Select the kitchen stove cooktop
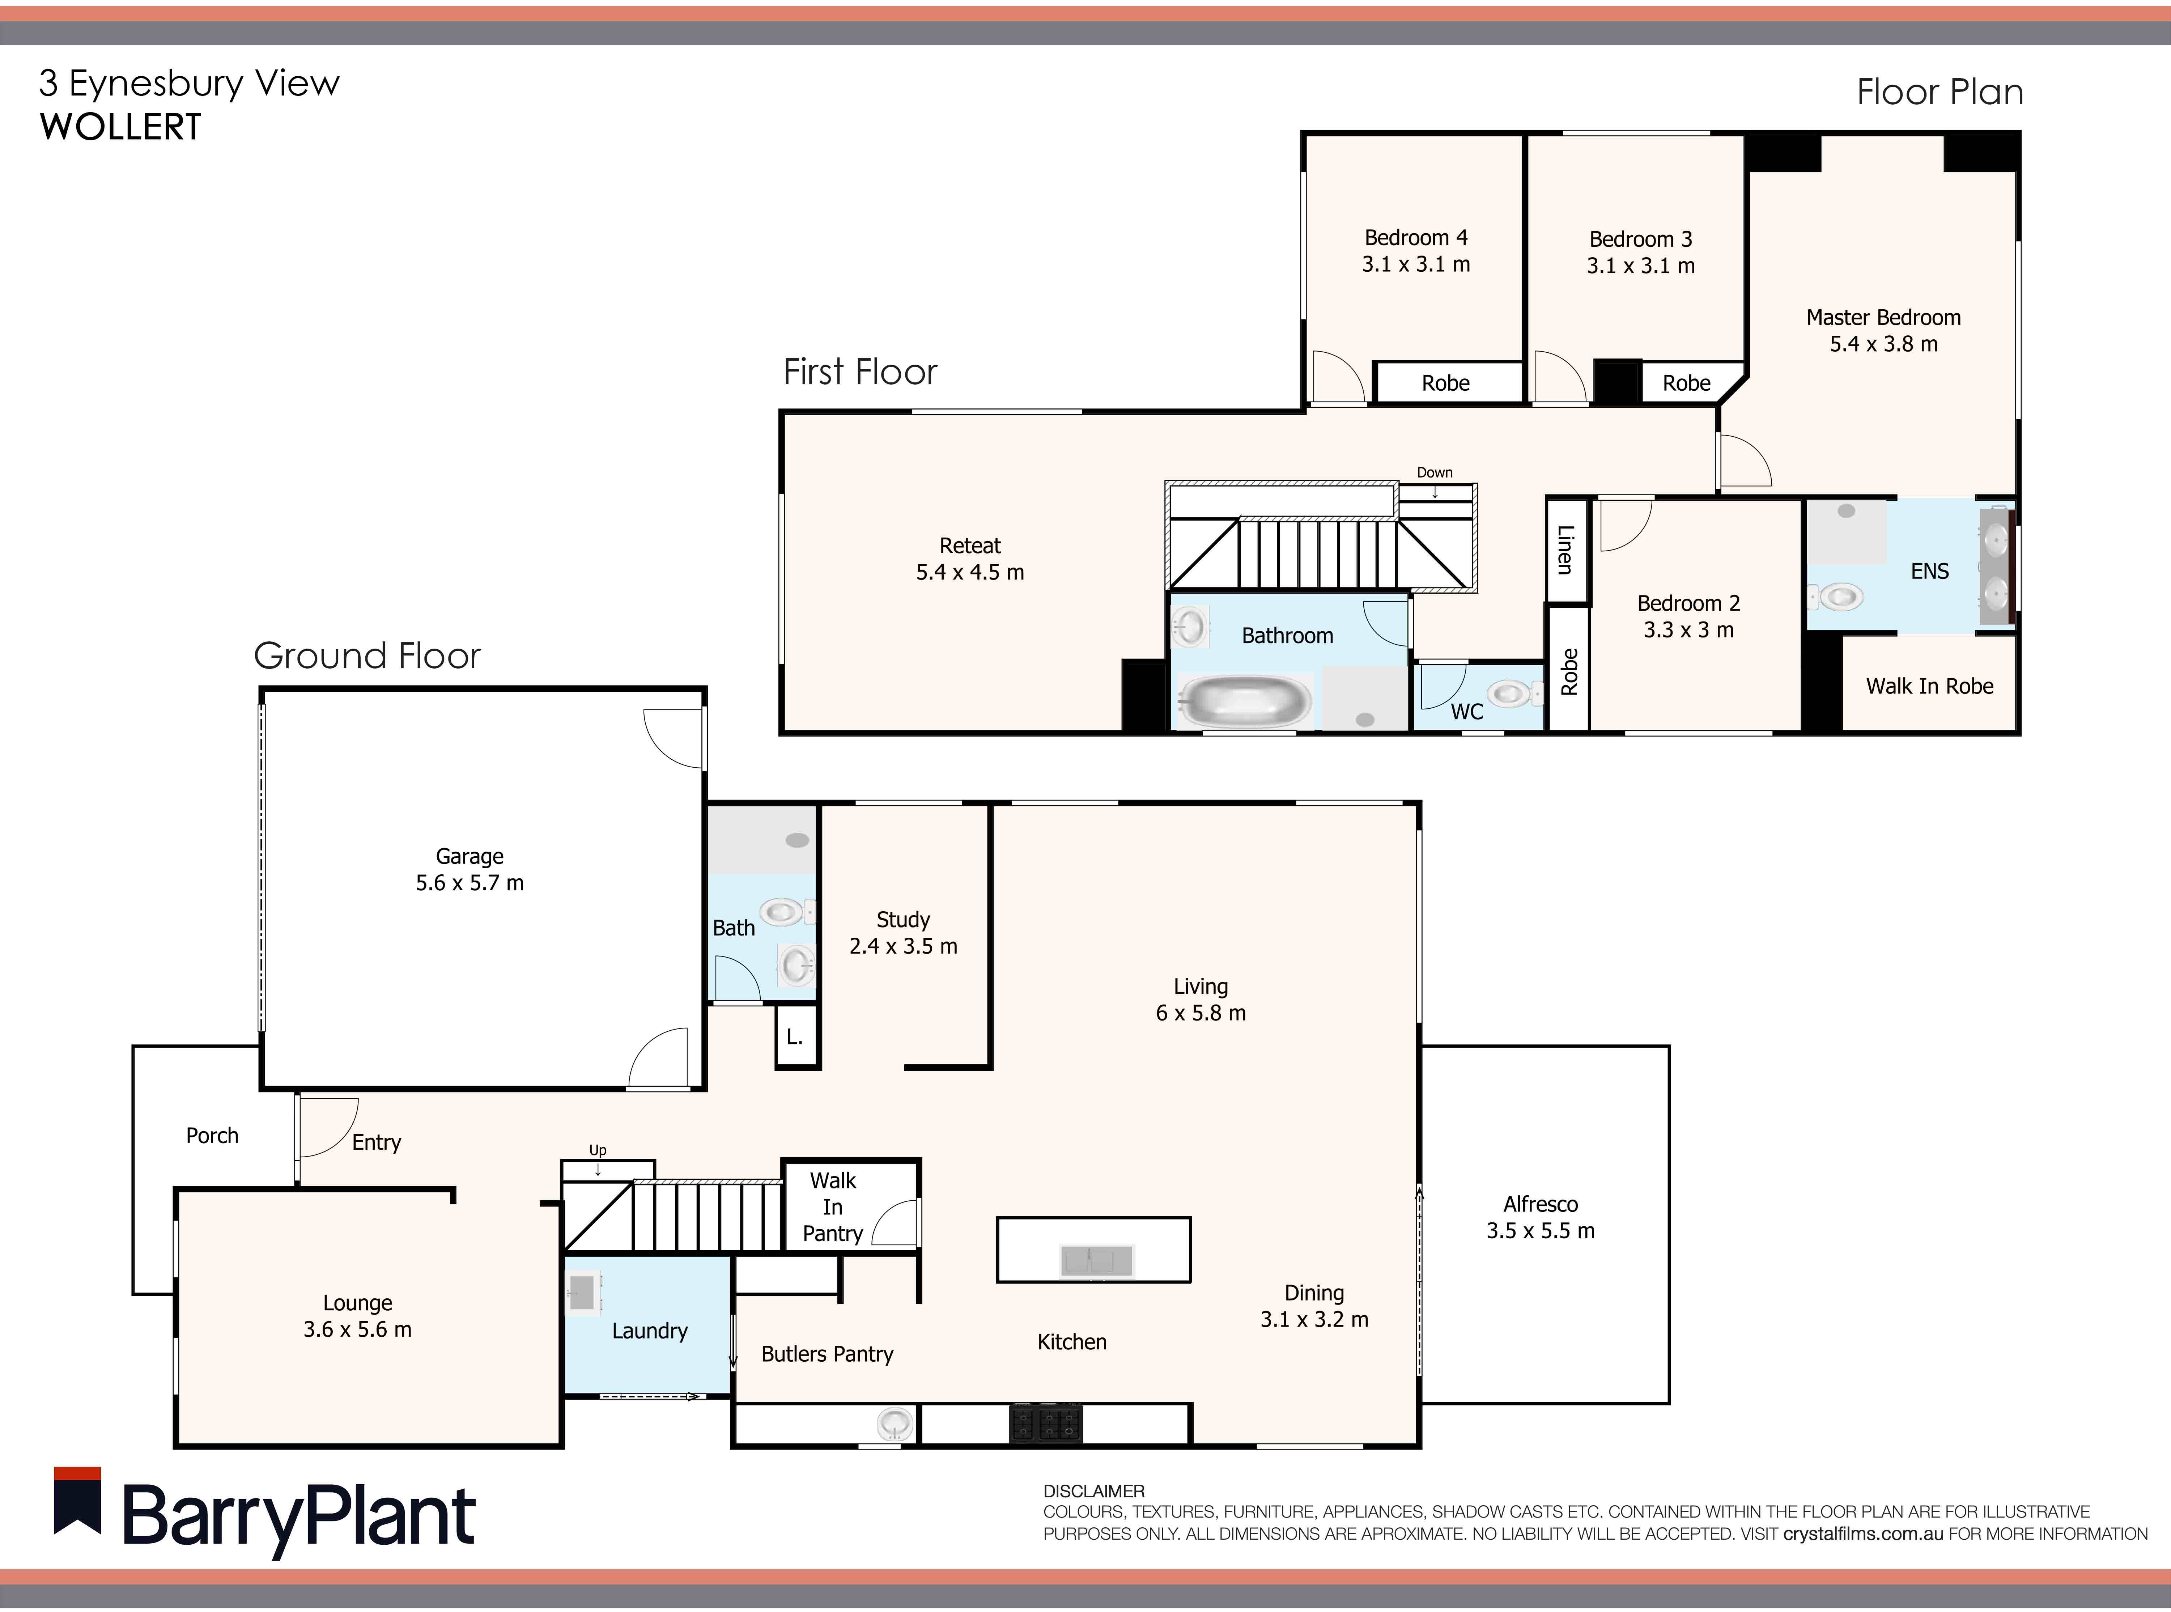point(1046,1423)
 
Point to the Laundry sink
point(582,1293)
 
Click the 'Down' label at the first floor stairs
point(1434,472)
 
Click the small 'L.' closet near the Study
point(795,1037)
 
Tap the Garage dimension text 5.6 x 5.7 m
point(470,883)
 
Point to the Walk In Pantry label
point(832,1207)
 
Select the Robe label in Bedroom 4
point(1445,383)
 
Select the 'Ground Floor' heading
point(367,656)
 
